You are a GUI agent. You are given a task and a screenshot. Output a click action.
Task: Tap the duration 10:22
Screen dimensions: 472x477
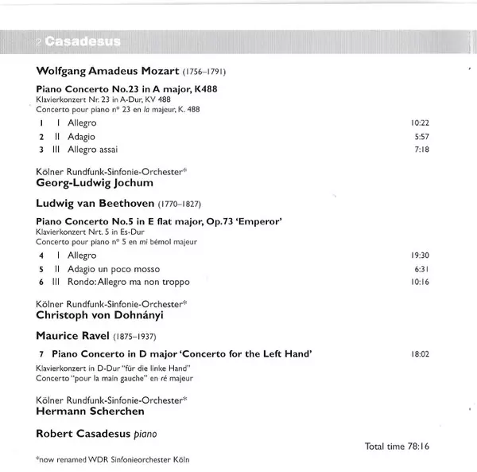click(420, 123)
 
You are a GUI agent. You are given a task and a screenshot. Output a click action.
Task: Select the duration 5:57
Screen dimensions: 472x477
click(421, 136)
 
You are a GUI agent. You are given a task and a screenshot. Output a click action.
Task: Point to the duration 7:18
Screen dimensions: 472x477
click(421, 150)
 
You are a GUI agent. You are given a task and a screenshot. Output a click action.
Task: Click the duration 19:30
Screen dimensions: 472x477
click(420, 256)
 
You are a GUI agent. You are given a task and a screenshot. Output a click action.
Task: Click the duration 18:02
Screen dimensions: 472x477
click(420, 353)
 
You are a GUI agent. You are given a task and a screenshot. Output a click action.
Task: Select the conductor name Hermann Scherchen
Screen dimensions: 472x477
click(89, 412)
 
